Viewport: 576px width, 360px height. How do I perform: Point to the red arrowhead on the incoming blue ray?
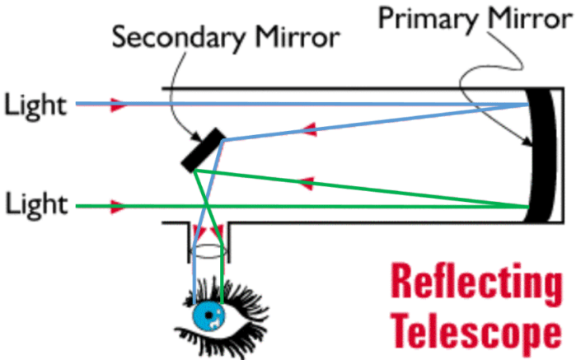coord(119,105)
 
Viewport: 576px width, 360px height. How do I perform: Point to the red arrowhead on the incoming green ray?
coord(119,205)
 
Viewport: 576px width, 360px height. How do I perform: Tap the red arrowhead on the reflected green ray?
coord(307,181)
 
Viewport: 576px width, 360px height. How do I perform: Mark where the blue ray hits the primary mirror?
coord(527,105)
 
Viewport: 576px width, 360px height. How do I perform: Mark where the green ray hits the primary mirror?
coord(527,206)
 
